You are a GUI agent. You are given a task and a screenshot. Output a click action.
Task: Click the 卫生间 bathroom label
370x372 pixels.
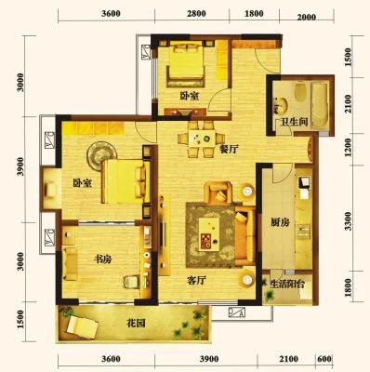point(294,122)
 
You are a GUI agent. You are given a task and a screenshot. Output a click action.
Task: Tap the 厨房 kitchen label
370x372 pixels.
point(280,222)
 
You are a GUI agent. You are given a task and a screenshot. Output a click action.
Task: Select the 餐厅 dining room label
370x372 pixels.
point(229,150)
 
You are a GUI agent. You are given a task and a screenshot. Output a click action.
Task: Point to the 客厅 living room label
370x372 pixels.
point(197,281)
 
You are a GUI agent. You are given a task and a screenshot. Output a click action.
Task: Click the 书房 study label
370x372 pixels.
point(102,259)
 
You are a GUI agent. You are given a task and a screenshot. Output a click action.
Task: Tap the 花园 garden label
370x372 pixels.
point(136,324)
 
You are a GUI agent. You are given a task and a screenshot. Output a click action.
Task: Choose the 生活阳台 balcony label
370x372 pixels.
point(287,285)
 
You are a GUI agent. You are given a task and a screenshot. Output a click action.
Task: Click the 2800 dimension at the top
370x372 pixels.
point(197,14)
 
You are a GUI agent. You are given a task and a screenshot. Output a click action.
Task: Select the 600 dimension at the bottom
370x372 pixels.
point(324,359)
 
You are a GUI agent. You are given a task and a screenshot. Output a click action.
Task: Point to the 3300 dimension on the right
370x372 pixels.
point(349,221)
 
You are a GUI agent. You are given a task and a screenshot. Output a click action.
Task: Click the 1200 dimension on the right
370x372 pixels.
point(349,147)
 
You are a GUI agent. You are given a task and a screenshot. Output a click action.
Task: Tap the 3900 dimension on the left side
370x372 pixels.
point(20,166)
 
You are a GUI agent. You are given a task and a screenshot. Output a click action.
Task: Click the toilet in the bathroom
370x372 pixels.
point(300,92)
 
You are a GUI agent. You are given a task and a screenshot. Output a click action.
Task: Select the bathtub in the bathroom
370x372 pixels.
point(320,105)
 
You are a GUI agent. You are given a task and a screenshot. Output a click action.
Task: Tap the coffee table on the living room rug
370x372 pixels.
point(209,233)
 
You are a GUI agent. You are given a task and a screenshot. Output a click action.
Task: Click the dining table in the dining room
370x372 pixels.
point(203,138)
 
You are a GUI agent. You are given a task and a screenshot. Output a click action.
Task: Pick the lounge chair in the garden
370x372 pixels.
point(83,326)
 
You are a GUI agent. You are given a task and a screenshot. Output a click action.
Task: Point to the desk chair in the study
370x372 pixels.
point(132,282)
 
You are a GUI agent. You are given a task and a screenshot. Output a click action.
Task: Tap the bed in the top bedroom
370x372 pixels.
point(186,64)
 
